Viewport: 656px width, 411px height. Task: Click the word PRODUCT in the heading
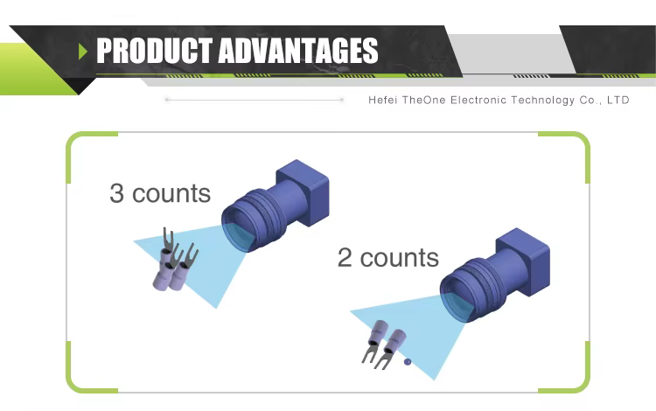click(x=154, y=50)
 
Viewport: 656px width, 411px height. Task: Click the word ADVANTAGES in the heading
click(x=298, y=50)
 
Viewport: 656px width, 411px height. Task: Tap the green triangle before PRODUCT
click(x=83, y=52)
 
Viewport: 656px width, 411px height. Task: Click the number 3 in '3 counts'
click(x=116, y=193)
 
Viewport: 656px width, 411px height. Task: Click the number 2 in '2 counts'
click(x=345, y=257)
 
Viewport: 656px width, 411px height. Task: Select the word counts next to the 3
click(x=171, y=194)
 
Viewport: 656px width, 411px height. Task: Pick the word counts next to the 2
click(x=399, y=258)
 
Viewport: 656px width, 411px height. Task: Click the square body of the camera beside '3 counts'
click(x=304, y=192)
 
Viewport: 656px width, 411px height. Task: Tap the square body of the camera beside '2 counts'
click(x=524, y=261)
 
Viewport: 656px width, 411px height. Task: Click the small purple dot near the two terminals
click(x=408, y=362)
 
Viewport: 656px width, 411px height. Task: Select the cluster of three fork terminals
click(x=175, y=261)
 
